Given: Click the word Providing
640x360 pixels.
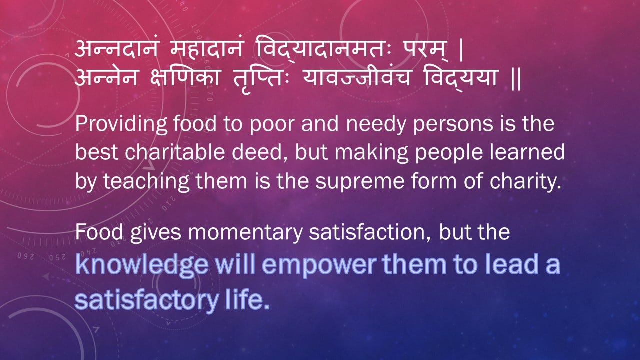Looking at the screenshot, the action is (x=121, y=125).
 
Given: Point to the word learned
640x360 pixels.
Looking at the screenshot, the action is (x=527, y=152).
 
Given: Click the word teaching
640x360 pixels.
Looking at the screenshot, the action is (x=146, y=181).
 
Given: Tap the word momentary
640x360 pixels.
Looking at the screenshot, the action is (x=245, y=233).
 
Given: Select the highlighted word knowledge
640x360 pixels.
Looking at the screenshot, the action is (x=142, y=265).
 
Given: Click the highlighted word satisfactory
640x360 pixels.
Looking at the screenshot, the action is (x=147, y=301).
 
